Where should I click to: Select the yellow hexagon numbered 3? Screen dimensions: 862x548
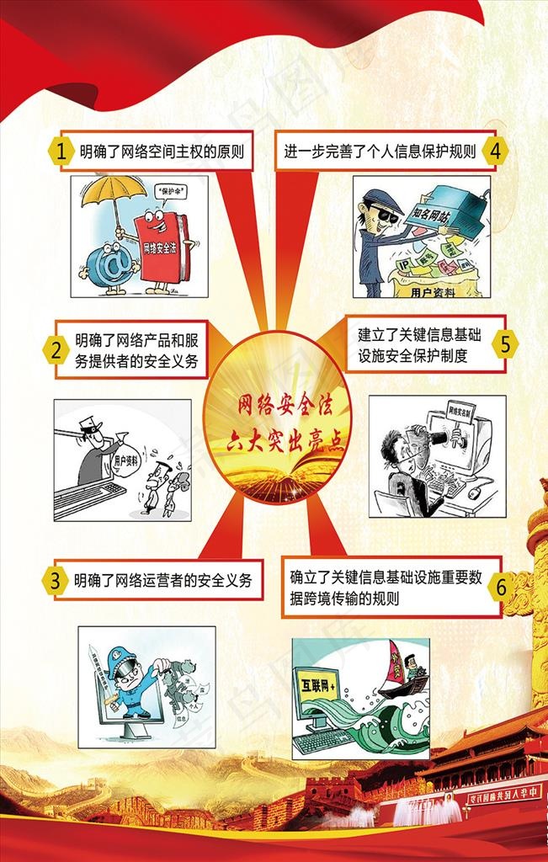54,580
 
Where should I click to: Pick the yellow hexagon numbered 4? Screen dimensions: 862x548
495,151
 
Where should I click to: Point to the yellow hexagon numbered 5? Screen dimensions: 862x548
505,344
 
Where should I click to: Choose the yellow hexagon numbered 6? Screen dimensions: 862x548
501,587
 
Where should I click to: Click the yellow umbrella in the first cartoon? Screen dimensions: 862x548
117,191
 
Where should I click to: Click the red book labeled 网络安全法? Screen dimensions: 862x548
162,245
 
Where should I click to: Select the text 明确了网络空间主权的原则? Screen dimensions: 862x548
162,152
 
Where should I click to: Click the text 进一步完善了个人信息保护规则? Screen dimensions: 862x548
380,152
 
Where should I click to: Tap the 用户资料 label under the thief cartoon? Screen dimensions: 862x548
433,292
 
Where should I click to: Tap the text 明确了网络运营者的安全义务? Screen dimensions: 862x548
162,580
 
